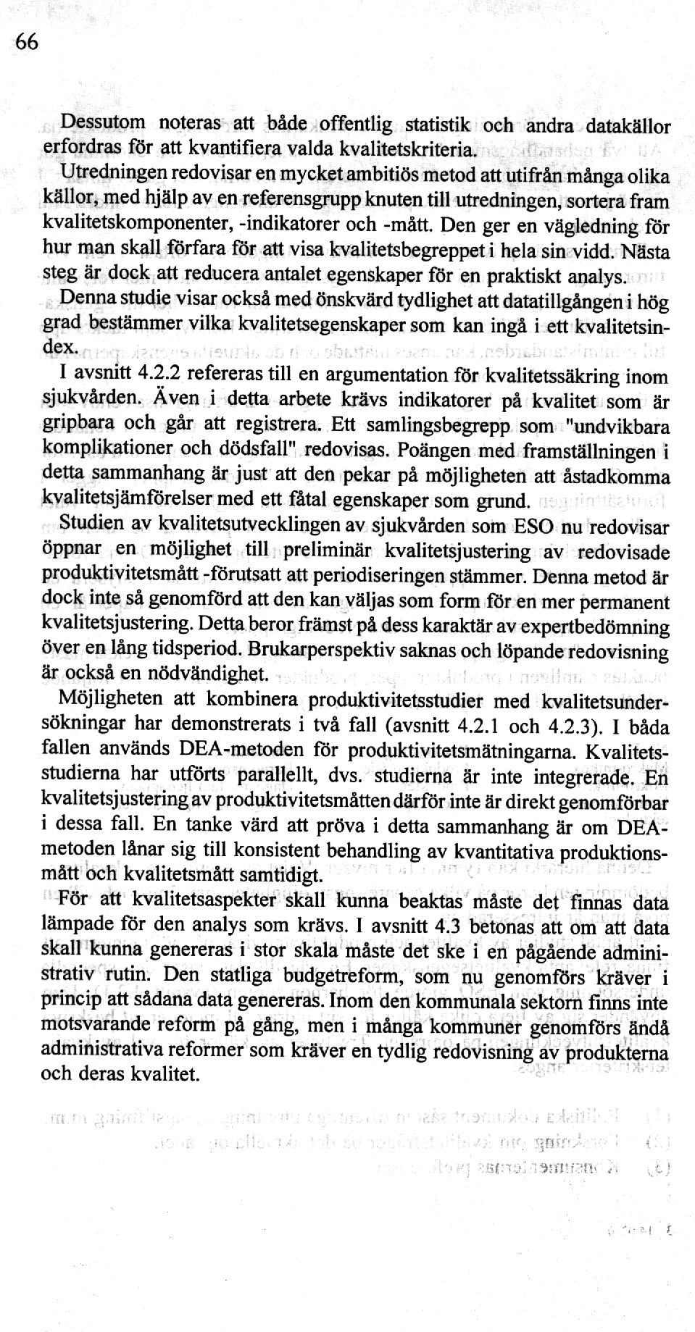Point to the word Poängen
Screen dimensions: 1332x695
(x=428, y=451)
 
